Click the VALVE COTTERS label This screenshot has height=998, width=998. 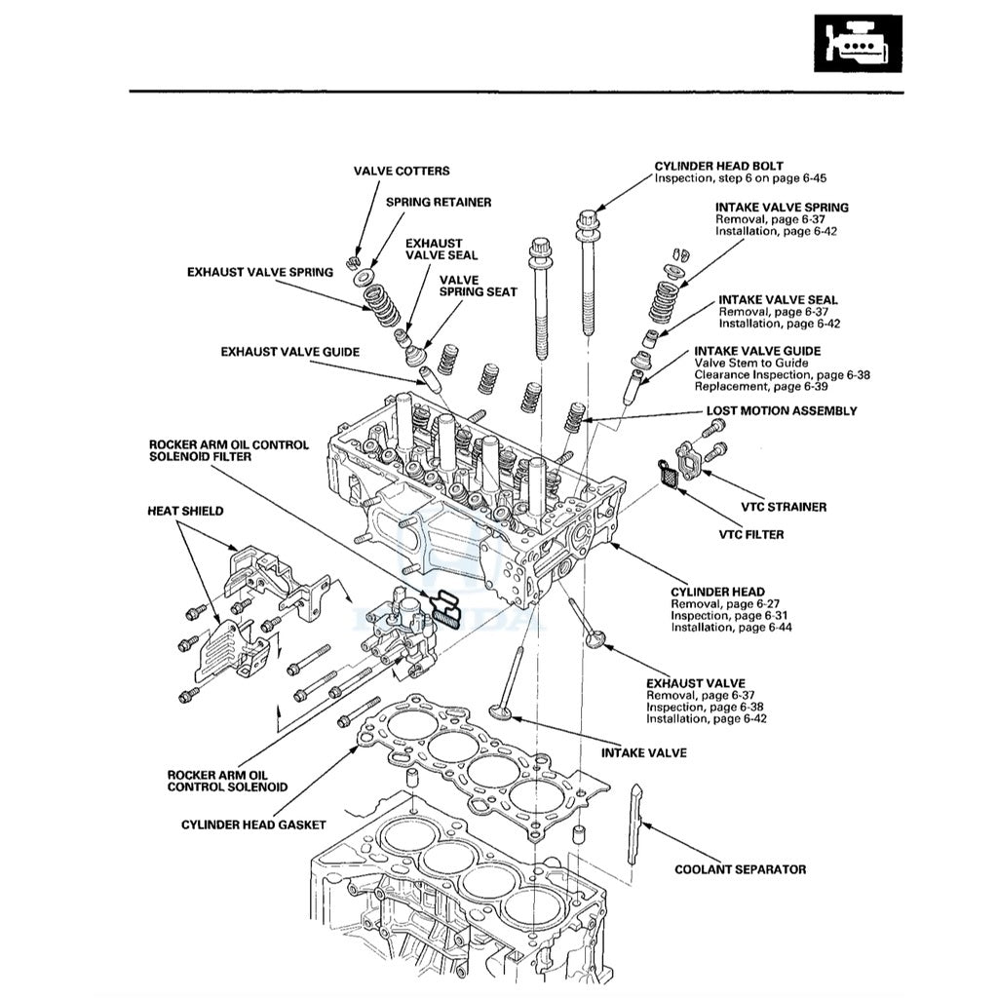tap(402, 172)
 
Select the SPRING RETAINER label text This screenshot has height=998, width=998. tap(439, 203)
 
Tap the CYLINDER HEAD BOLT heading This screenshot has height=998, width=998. tap(718, 167)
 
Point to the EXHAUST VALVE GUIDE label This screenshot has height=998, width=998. tap(289, 351)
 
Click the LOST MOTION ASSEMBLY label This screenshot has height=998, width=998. tap(782, 411)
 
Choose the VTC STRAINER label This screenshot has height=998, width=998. tap(784, 507)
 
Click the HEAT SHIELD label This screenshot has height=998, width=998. tap(185, 511)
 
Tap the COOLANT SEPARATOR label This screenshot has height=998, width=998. tap(741, 869)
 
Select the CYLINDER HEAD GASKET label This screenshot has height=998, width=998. tap(253, 825)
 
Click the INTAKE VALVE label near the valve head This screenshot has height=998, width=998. tap(643, 753)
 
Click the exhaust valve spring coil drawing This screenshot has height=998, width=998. tap(380, 308)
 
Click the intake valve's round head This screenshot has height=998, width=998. tap(503, 712)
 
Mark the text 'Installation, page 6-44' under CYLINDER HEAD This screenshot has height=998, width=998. tap(731, 628)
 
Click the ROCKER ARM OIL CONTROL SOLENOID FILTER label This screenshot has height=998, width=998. tap(228, 450)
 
